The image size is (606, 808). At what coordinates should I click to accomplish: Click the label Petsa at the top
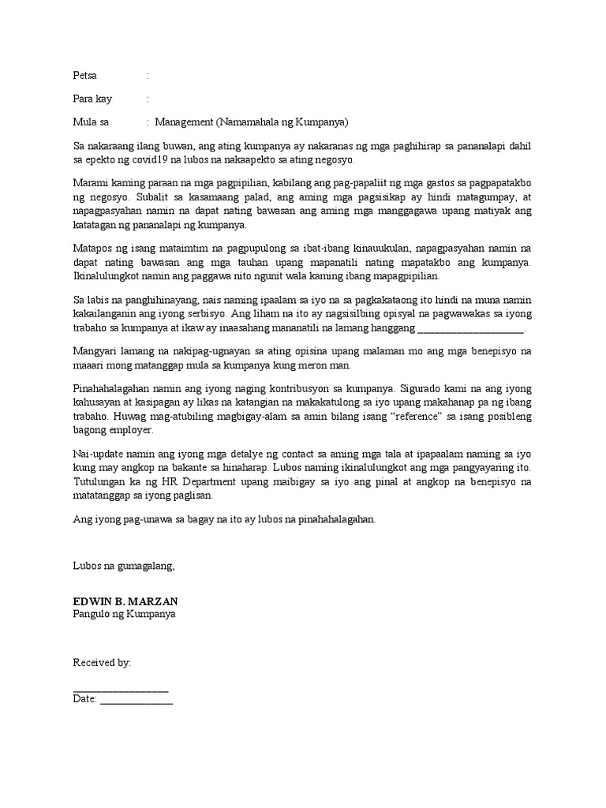point(84,77)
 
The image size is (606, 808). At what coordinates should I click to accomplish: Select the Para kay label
point(92,99)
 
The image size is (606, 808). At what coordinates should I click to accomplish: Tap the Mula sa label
point(90,122)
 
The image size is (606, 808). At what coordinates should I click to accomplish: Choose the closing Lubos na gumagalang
point(123,566)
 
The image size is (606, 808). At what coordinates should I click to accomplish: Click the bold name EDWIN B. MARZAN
point(125,601)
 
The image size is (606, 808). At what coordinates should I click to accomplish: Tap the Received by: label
point(102,663)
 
